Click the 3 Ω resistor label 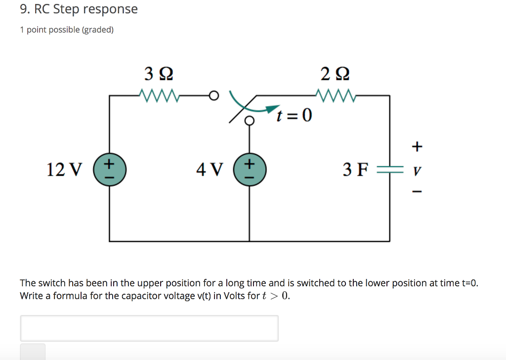click(159, 74)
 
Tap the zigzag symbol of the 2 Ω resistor click(335, 94)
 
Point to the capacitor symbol click(389, 169)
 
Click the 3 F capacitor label click(355, 170)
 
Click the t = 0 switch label click(295, 116)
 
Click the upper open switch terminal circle click(213, 94)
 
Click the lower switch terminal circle click(250, 120)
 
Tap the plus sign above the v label click(418, 146)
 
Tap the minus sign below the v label click(418, 192)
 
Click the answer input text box click(149, 328)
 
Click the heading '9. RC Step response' click(79, 9)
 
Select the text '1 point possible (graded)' click(67, 30)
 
